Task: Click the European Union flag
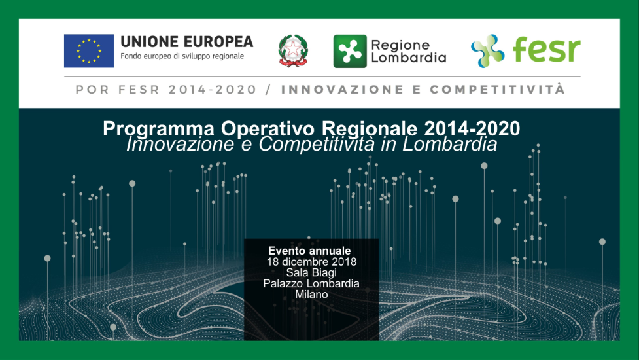point(89,51)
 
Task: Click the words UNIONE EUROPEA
point(186,42)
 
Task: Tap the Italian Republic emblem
point(293,51)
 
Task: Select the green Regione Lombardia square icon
point(350,51)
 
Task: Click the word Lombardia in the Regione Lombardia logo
point(408,58)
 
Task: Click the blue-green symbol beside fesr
point(487,51)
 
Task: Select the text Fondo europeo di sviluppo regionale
point(182,56)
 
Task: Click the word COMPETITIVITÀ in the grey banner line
point(497,89)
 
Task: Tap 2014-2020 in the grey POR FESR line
point(213,90)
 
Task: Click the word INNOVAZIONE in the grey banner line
point(342,90)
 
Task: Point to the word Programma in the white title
point(158,129)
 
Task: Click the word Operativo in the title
point(268,129)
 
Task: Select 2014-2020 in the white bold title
point(472,129)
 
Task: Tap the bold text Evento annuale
point(309,251)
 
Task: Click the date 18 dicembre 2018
point(311,262)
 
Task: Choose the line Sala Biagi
point(311,273)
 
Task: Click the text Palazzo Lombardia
point(311,283)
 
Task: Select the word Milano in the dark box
point(311,295)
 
